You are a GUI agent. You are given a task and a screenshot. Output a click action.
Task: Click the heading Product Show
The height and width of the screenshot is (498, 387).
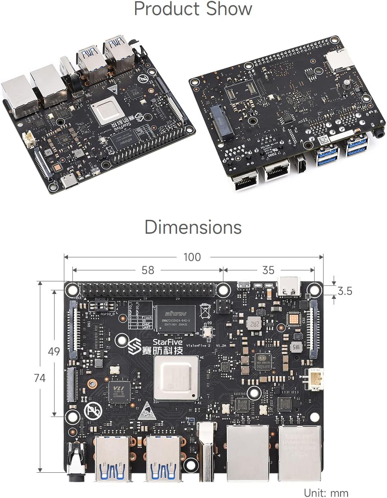193,9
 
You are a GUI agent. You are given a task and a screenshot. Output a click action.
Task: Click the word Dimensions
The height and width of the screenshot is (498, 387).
193,227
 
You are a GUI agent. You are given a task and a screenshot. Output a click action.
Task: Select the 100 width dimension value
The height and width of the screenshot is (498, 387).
192,257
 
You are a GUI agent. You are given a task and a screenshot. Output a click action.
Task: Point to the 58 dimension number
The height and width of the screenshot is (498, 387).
148,270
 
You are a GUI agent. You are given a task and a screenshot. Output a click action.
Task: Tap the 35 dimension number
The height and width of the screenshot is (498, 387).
268,270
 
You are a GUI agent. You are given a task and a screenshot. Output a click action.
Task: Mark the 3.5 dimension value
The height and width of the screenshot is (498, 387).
344,291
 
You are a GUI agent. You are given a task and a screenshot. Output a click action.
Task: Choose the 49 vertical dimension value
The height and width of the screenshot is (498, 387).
54,351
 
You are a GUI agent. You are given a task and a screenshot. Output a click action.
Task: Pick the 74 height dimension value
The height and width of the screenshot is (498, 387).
39,378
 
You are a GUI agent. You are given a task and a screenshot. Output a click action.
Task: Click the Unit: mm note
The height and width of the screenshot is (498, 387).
326,492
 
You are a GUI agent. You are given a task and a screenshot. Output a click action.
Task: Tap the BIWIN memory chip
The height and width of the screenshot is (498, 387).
175,318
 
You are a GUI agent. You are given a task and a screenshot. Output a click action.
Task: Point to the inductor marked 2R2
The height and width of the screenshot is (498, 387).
254,323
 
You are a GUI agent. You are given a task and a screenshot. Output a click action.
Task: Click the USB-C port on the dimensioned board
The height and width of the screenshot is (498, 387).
289,287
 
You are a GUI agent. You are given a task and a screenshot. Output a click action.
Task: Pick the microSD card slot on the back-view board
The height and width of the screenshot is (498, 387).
340,59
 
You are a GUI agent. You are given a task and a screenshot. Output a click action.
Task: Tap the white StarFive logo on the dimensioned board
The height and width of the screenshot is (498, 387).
134,346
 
